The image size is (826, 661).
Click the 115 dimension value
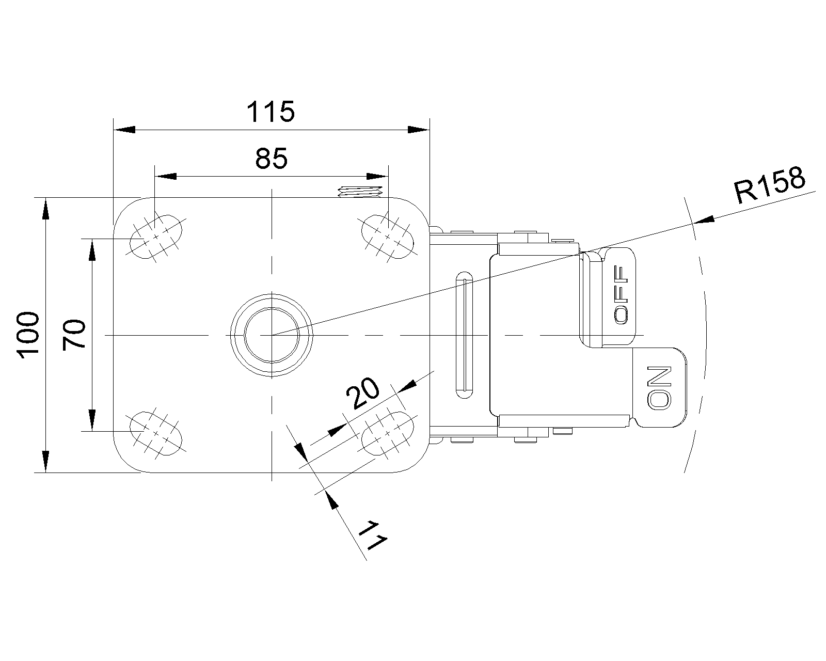tap(271, 112)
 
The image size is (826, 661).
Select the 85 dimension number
tap(271, 159)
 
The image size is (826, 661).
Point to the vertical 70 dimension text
tap(73, 335)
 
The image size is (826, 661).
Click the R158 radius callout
tap(769, 185)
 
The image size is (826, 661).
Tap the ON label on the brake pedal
tap(659, 388)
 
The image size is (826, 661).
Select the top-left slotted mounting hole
tap(155, 236)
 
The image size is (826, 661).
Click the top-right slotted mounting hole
tap(388, 236)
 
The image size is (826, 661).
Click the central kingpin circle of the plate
tap(272, 335)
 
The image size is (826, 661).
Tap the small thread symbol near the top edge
tap(360, 192)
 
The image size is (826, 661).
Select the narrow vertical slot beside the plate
tap(464, 335)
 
